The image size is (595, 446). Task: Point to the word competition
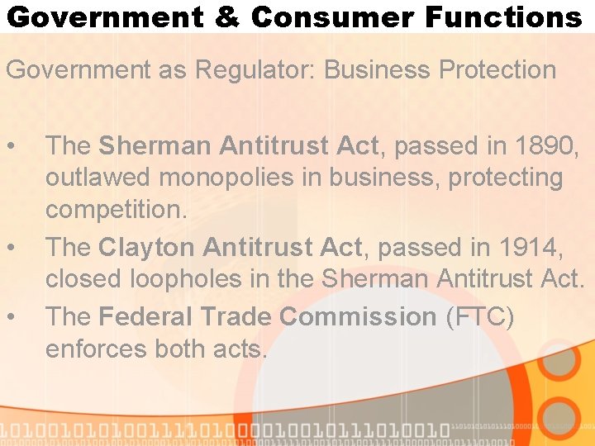[117, 210]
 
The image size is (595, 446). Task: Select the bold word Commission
[358, 316]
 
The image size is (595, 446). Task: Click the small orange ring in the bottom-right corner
[560, 417]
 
